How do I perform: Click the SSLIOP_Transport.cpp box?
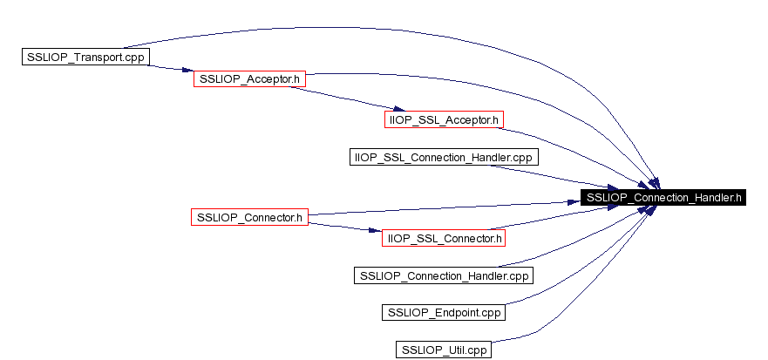85,57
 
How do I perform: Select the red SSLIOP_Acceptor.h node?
249,78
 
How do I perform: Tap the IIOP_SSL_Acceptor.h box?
444,119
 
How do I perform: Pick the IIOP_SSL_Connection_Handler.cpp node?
444,157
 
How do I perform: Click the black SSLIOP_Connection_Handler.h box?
663,197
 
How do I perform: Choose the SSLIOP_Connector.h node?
249,216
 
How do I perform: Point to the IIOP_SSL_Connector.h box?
443,238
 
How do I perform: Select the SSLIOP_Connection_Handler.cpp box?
444,275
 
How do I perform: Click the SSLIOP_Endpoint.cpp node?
443,312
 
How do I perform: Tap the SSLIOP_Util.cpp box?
444,350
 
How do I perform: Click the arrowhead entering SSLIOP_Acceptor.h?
187,71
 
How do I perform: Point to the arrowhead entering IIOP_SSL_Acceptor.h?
399,109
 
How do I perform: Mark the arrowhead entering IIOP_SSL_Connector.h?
375,230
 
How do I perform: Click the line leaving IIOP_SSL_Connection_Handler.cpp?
554,178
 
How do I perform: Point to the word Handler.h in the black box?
719,197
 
